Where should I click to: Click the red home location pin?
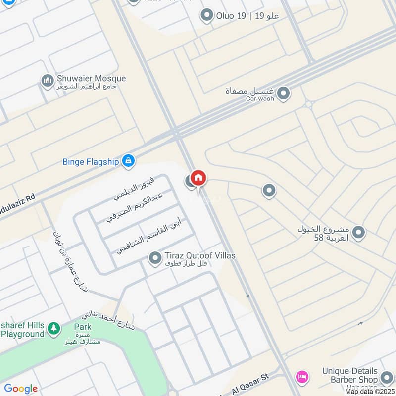coord(198,178)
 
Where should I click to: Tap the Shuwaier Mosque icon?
coord(48,81)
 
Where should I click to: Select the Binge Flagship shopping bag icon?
coord(128,160)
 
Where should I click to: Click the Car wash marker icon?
coord(283,93)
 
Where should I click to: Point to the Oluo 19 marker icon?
coord(206,16)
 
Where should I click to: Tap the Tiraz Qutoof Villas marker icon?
coord(155,258)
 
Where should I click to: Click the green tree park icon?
coord(54,328)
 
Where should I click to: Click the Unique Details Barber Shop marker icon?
coord(387,379)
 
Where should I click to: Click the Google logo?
coord(21,389)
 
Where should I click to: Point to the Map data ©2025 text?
coord(370,391)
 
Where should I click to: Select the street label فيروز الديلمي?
coord(134,188)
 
